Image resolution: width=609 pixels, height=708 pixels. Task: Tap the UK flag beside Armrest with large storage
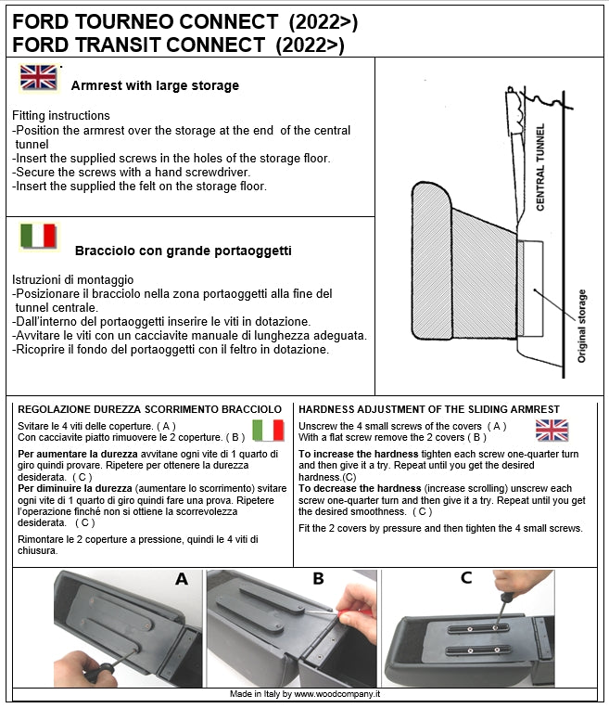[x=38, y=77]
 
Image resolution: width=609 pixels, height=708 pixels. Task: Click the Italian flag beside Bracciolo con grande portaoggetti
[x=38, y=236]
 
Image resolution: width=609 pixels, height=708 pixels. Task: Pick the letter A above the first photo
[x=182, y=579]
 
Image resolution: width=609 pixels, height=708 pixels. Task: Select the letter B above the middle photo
[x=318, y=579]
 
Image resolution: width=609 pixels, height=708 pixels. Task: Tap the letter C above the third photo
[x=466, y=578]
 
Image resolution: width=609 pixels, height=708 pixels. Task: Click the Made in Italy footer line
[x=305, y=694]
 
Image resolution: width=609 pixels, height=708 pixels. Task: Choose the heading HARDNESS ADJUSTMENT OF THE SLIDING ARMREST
[x=429, y=409]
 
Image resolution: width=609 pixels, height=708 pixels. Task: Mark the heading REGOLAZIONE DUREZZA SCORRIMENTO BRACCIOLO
[x=149, y=409]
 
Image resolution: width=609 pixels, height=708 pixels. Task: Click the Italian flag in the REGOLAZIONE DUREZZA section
[x=268, y=430]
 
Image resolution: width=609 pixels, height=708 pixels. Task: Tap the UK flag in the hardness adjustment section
[x=552, y=430]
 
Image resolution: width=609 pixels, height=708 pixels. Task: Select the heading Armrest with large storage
[x=155, y=85]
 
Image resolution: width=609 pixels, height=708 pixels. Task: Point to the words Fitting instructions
[x=61, y=116]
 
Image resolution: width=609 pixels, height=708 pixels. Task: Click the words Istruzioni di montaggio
[x=73, y=279]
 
